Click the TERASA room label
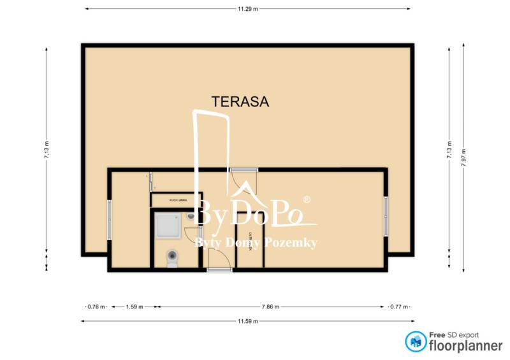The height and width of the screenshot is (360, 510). click(x=240, y=101)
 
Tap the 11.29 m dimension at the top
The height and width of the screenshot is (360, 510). click(x=247, y=9)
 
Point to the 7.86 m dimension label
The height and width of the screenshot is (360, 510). click(x=270, y=306)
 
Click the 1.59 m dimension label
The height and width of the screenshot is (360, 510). click(x=133, y=306)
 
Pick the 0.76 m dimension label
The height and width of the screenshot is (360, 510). click(x=96, y=306)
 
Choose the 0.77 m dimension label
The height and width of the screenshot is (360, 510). click(x=399, y=306)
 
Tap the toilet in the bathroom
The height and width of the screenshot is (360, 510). click(x=171, y=259)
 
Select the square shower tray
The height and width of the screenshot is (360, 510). click(x=168, y=226)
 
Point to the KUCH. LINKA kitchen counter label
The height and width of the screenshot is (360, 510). click(x=177, y=200)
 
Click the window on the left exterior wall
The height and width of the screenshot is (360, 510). click(x=109, y=220)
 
